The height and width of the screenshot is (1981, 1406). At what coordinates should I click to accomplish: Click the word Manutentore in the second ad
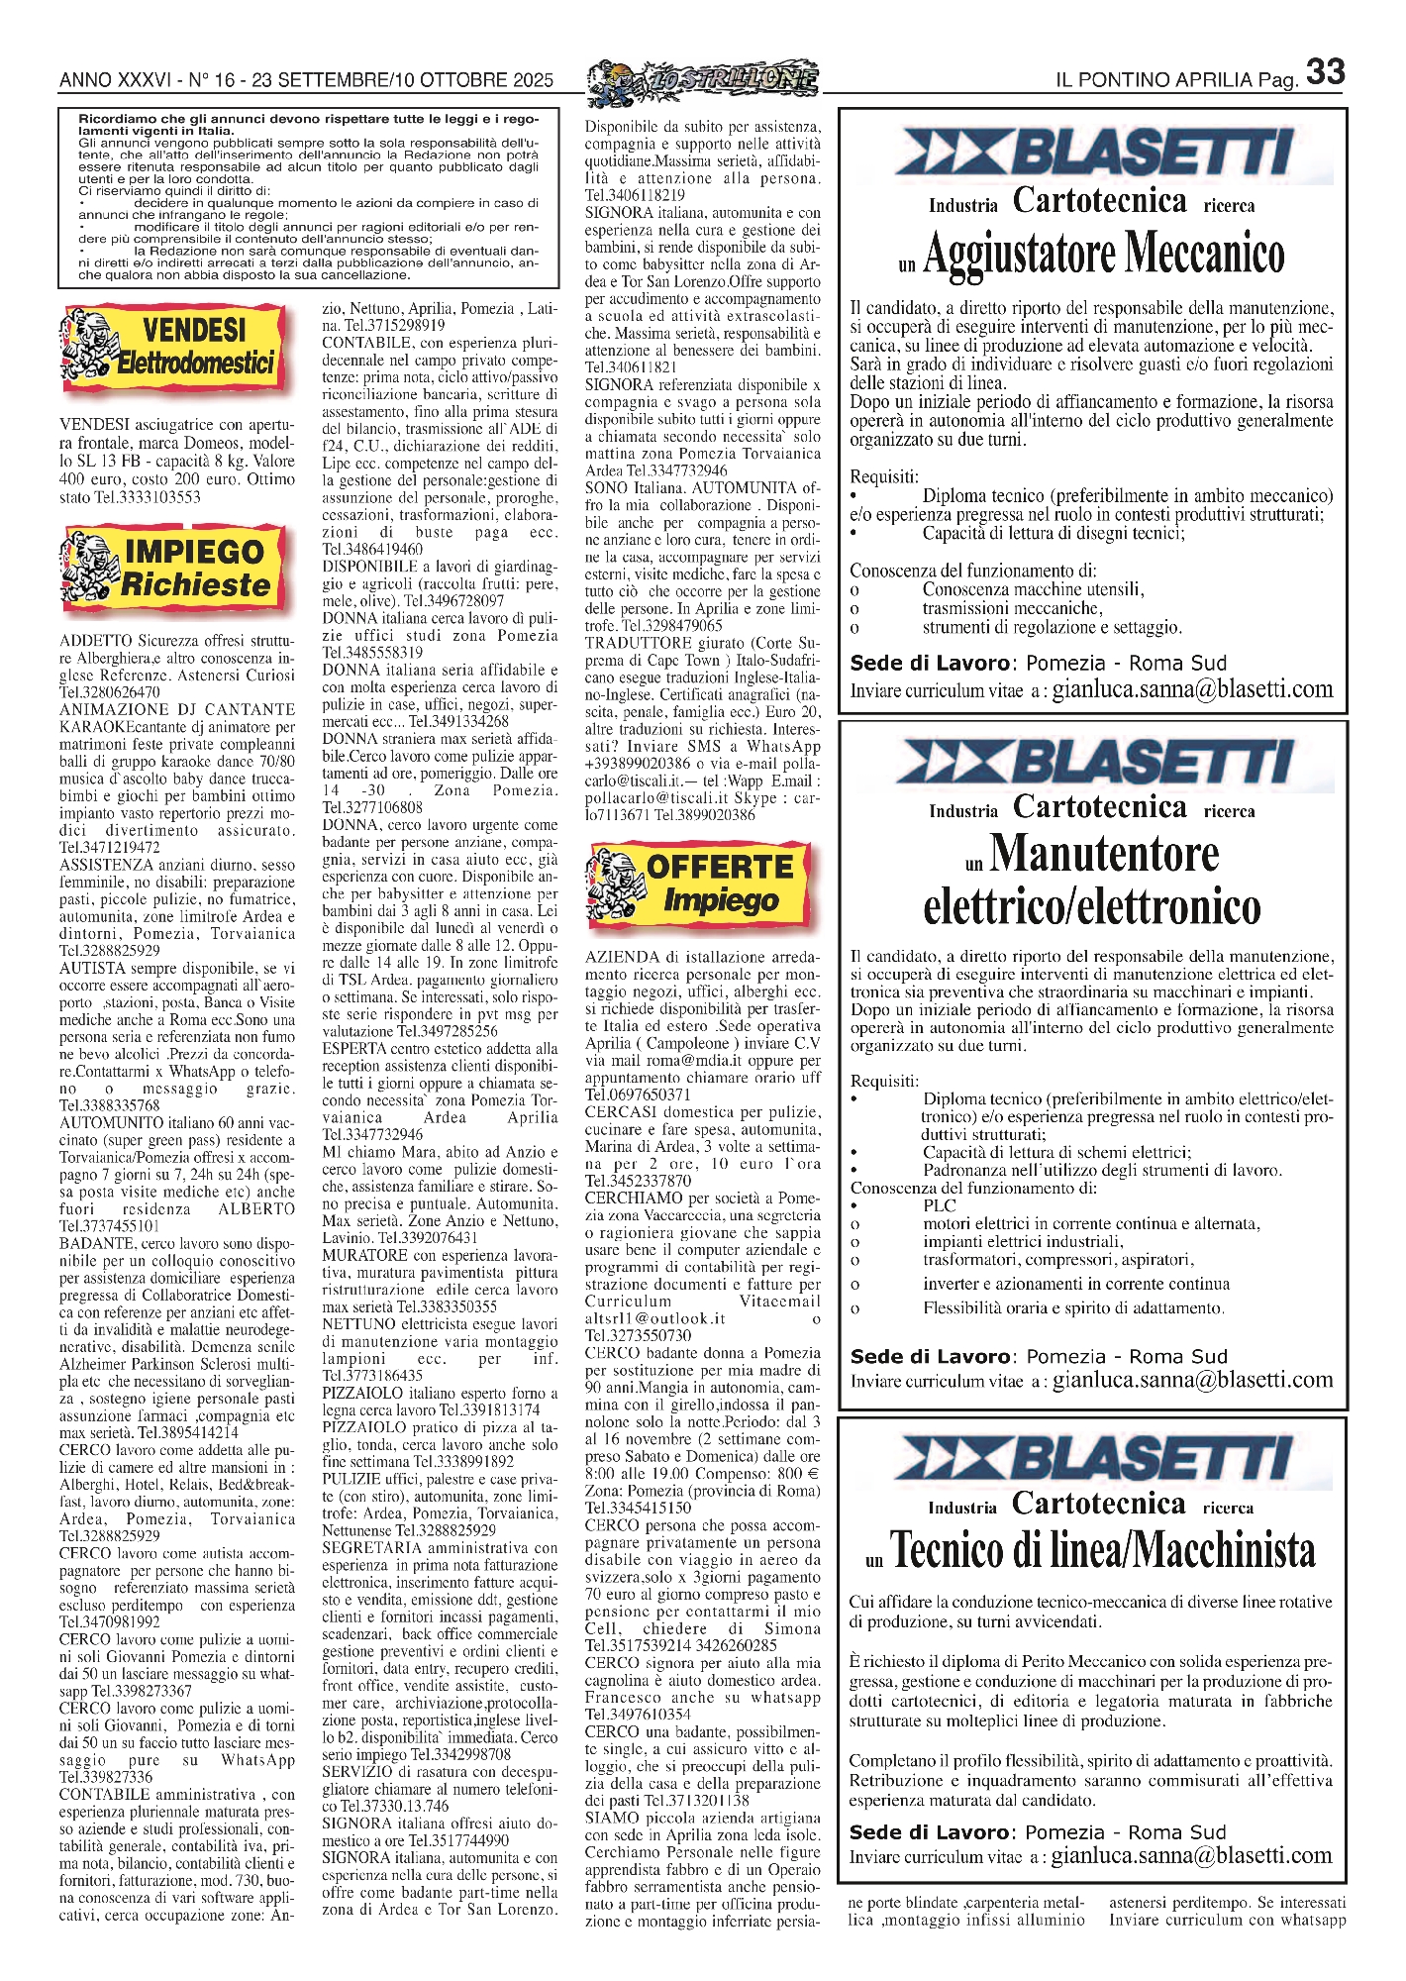(1104, 854)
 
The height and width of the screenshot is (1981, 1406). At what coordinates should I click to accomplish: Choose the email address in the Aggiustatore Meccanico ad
(1192, 690)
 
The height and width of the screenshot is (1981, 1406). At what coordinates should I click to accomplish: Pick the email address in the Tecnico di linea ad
(1192, 1855)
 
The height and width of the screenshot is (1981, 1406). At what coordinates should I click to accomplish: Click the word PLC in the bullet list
(939, 1205)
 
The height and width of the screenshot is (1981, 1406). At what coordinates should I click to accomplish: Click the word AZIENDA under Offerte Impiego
(622, 957)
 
